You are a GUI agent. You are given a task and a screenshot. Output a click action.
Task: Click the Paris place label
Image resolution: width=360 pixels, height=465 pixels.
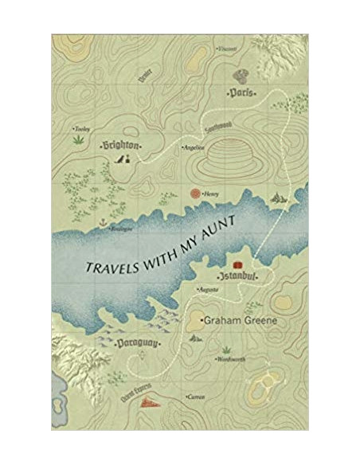[241, 93]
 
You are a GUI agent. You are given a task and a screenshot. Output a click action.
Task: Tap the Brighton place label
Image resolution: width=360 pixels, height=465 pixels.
[120, 146]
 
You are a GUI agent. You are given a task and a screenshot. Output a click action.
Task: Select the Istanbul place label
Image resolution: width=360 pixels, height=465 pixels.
[237, 275]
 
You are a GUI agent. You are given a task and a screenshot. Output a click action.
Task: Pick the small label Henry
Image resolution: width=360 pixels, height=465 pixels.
[210, 193]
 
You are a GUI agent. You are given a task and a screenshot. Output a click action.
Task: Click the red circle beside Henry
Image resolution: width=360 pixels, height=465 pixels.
[194, 193]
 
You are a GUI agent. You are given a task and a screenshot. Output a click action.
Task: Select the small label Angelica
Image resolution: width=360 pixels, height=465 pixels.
[194, 148]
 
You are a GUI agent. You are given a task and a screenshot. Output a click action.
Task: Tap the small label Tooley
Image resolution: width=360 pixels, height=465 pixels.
[82, 128]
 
